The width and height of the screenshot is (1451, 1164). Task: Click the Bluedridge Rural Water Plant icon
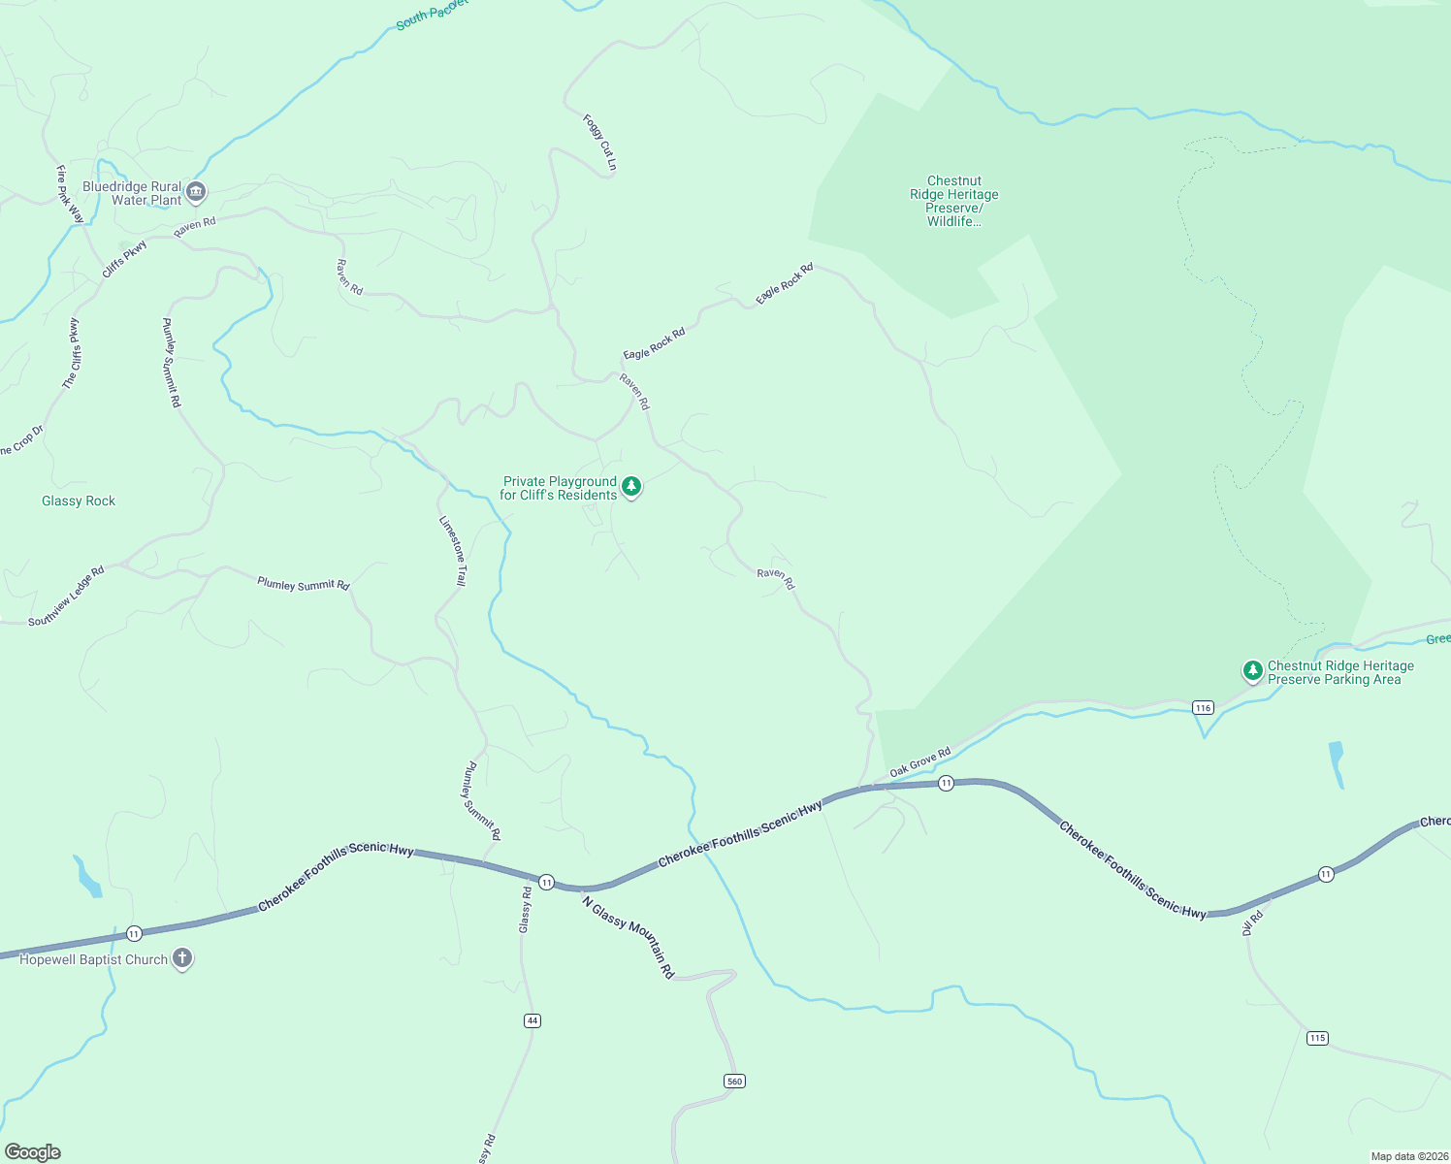(196, 192)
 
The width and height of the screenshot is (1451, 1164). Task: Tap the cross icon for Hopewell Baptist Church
(181, 958)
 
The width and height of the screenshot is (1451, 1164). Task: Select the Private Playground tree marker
(631, 486)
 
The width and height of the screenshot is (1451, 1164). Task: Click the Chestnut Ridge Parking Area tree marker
(1252, 670)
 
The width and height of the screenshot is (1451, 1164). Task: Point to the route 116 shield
(1203, 707)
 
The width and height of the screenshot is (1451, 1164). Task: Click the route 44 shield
(532, 1019)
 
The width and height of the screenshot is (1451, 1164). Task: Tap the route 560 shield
(734, 1081)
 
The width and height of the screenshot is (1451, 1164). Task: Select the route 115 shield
(1316, 1038)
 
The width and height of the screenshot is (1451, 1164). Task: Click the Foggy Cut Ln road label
(599, 143)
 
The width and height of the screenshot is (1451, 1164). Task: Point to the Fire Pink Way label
(70, 194)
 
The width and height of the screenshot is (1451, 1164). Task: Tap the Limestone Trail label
(453, 550)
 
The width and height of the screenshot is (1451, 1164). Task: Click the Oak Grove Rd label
(920, 762)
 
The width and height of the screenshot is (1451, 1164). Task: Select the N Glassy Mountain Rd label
(628, 936)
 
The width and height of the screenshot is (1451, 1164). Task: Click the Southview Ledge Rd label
(66, 597)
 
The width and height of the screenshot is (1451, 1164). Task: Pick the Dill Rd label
(1252, 921)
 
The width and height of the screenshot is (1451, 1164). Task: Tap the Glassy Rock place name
(79, 501)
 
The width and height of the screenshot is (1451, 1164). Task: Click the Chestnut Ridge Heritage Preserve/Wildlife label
(954, 201)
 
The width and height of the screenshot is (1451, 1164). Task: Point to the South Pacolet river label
(432, 15)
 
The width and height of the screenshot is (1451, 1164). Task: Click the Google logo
(32, 1152)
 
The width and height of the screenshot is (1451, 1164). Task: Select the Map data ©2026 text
(1408, 1156)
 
